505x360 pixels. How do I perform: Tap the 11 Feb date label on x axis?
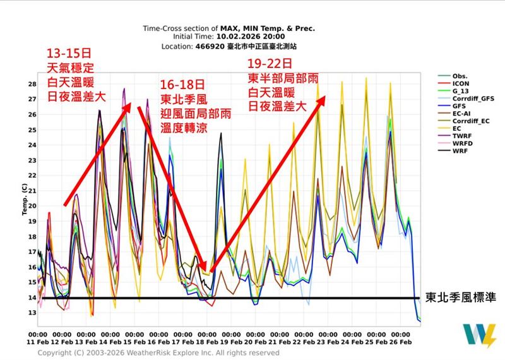[x=39, y=342]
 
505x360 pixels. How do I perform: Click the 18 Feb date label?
[x=208, y=342]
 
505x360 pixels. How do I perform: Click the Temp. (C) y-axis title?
[x=25, y=198]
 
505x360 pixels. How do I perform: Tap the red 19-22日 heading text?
[x=270, y=64]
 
